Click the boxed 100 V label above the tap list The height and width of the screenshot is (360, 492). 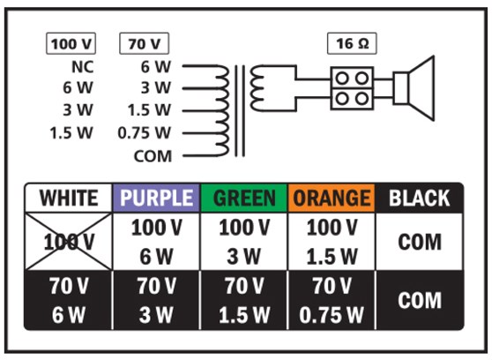(x=71, y=43)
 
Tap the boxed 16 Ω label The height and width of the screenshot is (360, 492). (x=352, y=43)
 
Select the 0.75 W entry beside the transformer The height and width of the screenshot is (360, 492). (x=145, y=134)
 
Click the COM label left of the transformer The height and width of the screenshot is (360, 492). (x=155, y=156)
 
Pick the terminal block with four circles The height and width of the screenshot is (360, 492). (x=352, y=86)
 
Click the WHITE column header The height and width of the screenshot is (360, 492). (x=69, y=199)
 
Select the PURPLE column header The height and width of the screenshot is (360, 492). (x=157, y=199)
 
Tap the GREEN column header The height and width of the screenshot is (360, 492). (x=245, y=199)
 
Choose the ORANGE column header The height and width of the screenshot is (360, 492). (x=332, y=199)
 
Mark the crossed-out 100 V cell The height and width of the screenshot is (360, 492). (x=69, y=242)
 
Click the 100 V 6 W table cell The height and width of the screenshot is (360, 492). (x=157, y=242)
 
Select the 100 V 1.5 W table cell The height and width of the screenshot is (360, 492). (x=332, y=242)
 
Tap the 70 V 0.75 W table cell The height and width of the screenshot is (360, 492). (x=332, y=300)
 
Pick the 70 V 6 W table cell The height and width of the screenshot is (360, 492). (x=69, y=300)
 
